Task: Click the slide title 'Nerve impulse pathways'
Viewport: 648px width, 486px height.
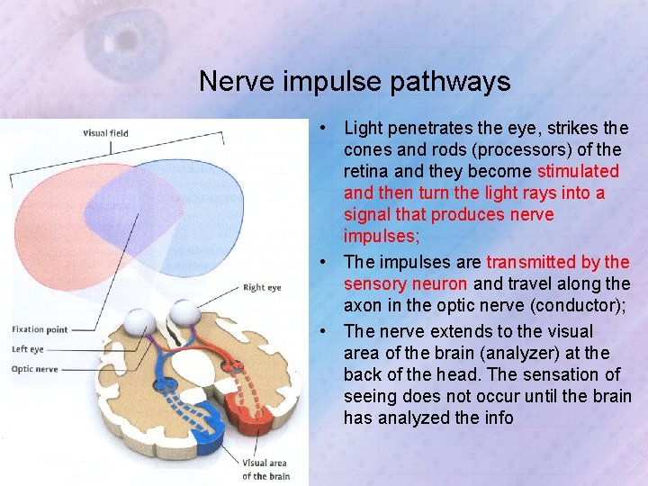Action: [355, 82]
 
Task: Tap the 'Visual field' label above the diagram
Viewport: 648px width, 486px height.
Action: [105, 133]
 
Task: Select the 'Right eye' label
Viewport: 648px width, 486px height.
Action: [262, 288]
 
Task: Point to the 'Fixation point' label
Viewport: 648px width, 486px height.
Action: [40, 329]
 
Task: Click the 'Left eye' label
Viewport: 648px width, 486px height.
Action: [28, 349]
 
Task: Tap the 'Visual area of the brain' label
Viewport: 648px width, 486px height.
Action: [265, 469]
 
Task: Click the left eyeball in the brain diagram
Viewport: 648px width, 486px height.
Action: [143, 319]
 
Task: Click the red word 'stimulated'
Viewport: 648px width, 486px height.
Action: [578, 171]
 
